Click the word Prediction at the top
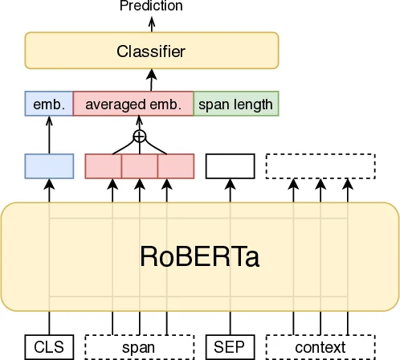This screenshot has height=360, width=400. point(151,6)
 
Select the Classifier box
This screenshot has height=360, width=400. point(151,51)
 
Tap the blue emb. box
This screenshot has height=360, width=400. point(49,104)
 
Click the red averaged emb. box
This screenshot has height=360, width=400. point(133,104)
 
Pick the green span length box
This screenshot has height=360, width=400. point(236,104)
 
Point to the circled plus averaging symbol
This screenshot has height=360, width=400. point(140,137)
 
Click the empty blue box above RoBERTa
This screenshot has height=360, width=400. point(49,165)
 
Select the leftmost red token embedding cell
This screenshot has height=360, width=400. point(104,165)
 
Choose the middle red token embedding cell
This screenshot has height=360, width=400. point(140,165)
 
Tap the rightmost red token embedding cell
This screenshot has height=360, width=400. point(176,165)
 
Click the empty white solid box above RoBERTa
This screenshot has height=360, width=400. point(231,165)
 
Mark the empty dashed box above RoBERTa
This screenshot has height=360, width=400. point(320,165)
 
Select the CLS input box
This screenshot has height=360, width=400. point(49,347)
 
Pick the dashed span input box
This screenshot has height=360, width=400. point(139,347)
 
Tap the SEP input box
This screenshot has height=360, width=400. point(231,347)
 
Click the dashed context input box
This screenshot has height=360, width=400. point(320,347)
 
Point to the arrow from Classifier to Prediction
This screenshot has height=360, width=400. point(151,23)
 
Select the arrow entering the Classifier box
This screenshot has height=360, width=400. point(151,80)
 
